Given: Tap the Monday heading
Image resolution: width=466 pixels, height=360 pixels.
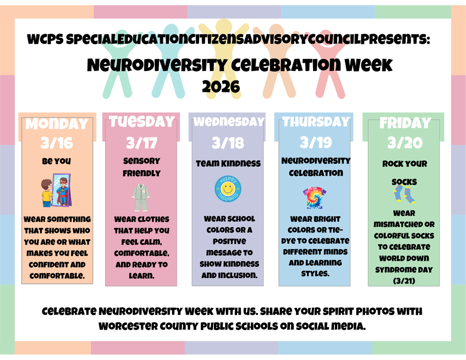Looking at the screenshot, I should click(x=57, y=124).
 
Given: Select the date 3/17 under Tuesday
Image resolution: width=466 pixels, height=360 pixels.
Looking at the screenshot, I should click(x=141, y=143).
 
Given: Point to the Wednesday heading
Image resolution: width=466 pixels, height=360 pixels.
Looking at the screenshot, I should click(x=228, y=122).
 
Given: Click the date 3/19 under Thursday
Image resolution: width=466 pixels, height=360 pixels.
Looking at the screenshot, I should click(x=315, y=143).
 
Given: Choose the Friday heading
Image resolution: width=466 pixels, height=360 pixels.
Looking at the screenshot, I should click(x=405, y=123).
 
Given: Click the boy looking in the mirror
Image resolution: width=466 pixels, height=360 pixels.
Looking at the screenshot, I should click(x=47, y=193).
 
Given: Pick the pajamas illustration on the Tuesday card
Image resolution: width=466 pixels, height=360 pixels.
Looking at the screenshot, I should click(x=141, y=197).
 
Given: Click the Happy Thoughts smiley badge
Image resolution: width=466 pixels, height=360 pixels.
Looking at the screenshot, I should click(x=228, y=189).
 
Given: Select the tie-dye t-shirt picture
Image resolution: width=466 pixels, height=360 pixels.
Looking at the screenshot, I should click(x=314, y=197).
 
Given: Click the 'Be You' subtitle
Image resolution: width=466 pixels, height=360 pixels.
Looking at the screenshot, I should click(x=56, y=161).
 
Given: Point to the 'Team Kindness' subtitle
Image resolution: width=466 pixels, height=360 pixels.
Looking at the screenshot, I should click(x=228, y=163).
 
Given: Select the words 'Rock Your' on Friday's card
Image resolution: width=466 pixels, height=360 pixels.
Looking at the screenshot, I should click(x=405, y=164).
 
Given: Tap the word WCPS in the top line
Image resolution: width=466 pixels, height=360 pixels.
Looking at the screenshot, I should click(x=45, y=41).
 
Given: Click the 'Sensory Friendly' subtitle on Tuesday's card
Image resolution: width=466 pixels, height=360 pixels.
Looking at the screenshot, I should click(x=142, y=167).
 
